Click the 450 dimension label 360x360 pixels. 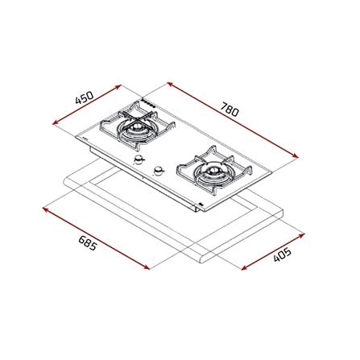pos(85,97)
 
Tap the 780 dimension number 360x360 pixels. pos(230,110)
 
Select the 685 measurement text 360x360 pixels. pos(87,243)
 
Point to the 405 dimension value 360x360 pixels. pos(282,255)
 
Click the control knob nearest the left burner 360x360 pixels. pos(139,160)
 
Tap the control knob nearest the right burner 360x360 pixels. pos(159,170)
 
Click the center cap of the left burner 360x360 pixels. pos(138,127)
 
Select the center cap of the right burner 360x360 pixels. pos(213,170)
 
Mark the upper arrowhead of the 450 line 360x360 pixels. pos(118,86)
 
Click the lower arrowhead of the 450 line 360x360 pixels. pos(56,122)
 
